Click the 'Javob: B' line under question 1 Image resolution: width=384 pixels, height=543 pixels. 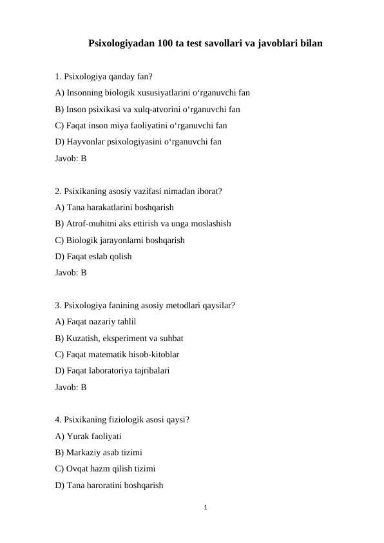71,158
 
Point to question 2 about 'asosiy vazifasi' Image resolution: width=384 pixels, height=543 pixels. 139,191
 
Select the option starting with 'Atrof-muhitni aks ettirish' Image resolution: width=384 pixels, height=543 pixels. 143,224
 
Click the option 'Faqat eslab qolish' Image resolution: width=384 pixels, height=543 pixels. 93,257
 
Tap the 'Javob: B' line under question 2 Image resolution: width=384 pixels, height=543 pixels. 71,273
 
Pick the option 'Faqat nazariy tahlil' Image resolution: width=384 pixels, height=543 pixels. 95,322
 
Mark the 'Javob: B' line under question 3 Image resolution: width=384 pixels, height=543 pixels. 71,388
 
